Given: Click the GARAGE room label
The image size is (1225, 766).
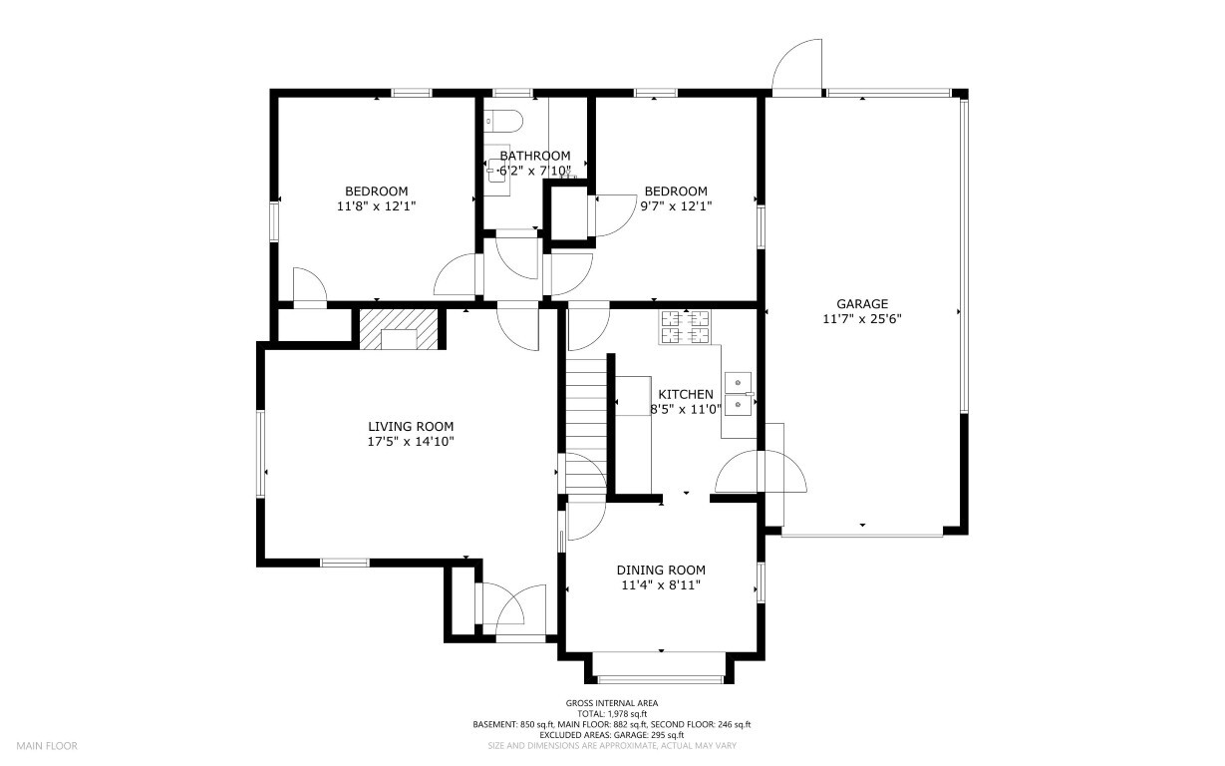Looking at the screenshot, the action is point(862,303).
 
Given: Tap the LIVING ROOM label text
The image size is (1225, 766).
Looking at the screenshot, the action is point(411,426).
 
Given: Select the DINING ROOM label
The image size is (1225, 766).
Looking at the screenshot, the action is point(661,570).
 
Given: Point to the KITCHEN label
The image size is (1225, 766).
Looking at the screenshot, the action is point(686,394).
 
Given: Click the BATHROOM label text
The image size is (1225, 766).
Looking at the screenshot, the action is point(535,156).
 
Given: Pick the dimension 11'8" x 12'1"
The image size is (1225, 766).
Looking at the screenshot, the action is point(376,206).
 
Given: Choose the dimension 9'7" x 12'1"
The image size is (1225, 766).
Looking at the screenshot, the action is point(676,206).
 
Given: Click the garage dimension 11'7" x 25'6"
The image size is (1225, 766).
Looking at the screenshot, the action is point(862,319).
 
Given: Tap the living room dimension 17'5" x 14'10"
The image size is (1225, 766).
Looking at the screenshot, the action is point(411,442).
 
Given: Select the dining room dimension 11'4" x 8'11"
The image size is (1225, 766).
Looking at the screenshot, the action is point(661,584).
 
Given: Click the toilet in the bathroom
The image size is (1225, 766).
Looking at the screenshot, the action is point(503,121).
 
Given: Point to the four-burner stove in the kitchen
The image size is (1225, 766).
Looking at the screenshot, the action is point(686,327).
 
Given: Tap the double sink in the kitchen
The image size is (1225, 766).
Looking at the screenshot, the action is point(739,394).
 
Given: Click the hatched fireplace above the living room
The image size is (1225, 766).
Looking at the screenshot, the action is point(399,329).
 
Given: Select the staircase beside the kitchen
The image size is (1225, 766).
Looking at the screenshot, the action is point(586,422).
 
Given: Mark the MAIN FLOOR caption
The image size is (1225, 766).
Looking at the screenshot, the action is point(47,746).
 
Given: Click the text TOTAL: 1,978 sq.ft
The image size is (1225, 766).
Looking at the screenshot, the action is point(612,713).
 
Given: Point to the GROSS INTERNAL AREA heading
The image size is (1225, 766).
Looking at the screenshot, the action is point(612,703).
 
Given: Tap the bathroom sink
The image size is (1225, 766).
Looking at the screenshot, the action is point(498,171).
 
